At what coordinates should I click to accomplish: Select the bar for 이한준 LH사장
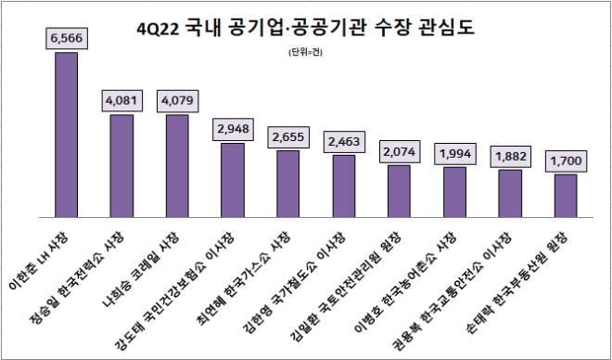[x=66, y=135]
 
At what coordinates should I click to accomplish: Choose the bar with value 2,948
[x=233, y=180]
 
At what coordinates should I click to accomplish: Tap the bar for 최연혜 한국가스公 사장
[x=288, y=184]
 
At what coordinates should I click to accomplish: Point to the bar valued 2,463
[x=344, y=186]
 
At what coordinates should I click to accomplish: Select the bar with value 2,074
[x=399, y=191]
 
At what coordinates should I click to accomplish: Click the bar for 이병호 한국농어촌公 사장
[x=454, y=192]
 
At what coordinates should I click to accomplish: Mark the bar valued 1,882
[x=510, y=194]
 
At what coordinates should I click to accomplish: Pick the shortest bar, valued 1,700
[x=566, y=196]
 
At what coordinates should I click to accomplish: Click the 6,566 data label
[x=66, y=37]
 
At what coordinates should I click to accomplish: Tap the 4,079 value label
[x=177, y=99]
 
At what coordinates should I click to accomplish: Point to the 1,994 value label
[x=454, y=152]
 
